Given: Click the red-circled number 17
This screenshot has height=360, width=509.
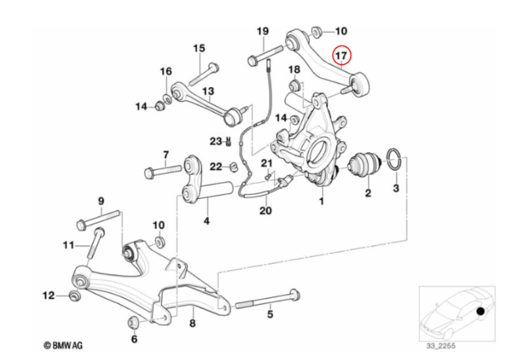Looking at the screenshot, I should coord(341,55).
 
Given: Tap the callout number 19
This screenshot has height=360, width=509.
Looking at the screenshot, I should coord(263,31).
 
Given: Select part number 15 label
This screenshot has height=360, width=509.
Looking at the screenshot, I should coord(199,48).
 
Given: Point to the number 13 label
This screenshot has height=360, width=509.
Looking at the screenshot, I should coord(208,91).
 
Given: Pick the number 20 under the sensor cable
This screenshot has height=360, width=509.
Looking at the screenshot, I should coord(265,211).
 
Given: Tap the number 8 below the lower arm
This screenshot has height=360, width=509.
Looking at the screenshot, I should coord(192,323).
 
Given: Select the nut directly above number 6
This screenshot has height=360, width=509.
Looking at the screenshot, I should coord(134,321).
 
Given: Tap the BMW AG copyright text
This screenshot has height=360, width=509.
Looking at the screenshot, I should coord(63,346).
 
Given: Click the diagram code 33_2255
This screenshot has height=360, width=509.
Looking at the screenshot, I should coord(441,346).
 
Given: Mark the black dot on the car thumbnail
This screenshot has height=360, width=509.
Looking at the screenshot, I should coord(481,312).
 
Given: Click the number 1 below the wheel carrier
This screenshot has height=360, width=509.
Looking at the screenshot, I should coord(322,201).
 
